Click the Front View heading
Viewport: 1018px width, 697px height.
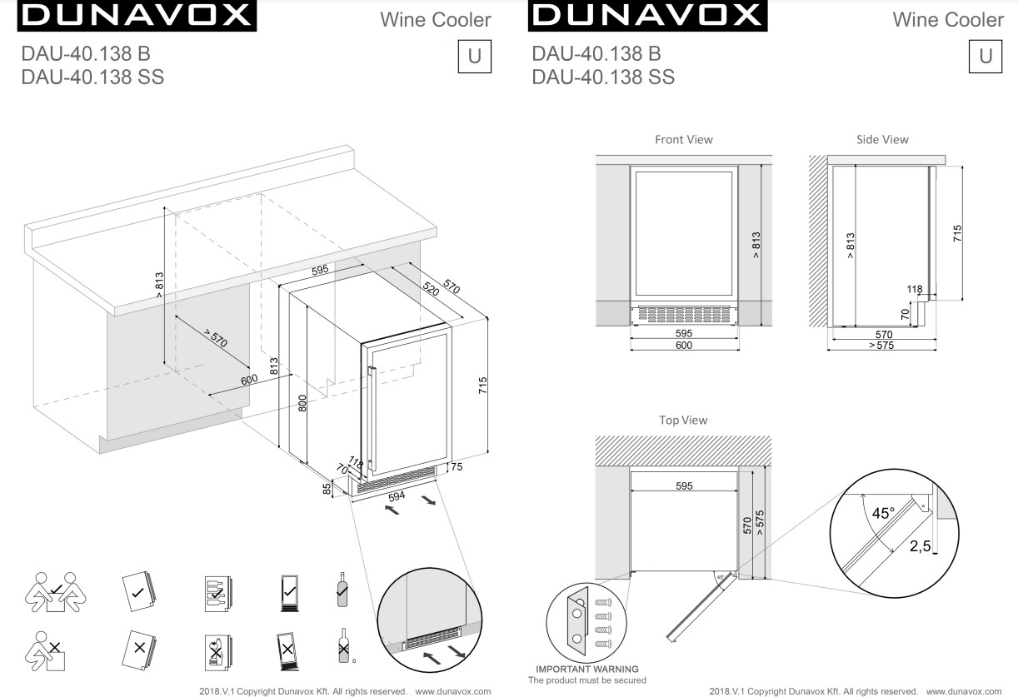tap(683, 140)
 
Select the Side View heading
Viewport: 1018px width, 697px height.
tap(882, 140)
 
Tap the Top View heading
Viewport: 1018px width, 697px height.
tap(683, 421)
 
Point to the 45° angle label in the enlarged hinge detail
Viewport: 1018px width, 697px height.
tap(882, 514)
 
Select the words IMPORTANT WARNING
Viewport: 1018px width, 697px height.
tap(587, 669)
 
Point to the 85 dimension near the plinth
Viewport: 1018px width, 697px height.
tap(327, 488)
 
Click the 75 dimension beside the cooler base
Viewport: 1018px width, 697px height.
tap(456, 467)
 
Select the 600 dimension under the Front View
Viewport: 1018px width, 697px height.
tap(683, 345)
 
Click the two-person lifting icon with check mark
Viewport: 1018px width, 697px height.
tap(52, 590)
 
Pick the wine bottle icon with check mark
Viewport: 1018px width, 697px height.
tap(341, 590)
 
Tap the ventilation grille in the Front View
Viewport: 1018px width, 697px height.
tap(683, 315)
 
